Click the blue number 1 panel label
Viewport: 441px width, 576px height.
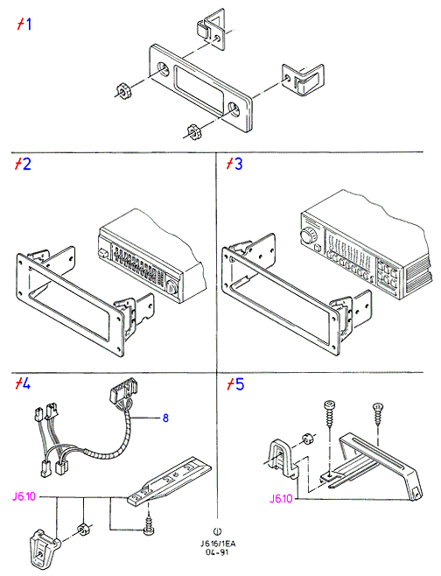coord(28,25)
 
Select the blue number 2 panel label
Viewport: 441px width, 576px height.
coord(26,164)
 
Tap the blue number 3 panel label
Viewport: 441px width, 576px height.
coord(238,164)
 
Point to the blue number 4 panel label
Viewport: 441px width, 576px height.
coord(26,384)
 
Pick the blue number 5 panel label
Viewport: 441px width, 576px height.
coord(240,384)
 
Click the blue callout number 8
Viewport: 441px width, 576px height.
coord(165,418)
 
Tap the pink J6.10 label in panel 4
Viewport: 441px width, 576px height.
coord(24,496)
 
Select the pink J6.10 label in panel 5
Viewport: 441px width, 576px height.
coord(281,498)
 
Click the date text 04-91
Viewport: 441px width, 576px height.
coord(217,552)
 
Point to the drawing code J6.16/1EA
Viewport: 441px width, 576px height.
coord(218,544)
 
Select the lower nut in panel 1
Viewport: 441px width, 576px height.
coord(194,132)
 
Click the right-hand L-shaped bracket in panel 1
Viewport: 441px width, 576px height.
coord(303,80)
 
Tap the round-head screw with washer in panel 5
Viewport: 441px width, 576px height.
coord(329,413)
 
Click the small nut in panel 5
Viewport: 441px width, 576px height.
coord(307,439)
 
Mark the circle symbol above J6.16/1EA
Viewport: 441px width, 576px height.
coord(217,531)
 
